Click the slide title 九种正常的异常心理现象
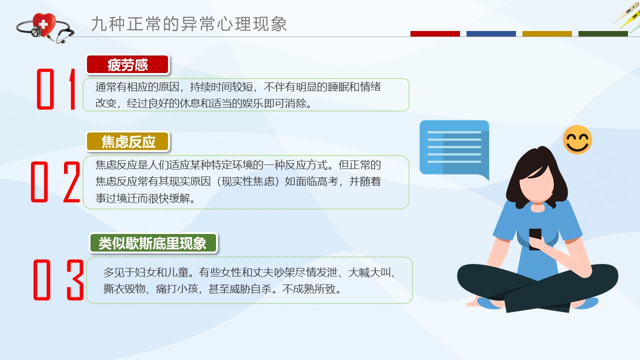pyautogui.click(x=189, y=24)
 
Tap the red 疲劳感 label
pyautogui.click(x=127, y=64)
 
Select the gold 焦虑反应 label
pyautogui.click(x=127, y=141)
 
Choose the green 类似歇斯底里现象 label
pyautogui.click(x=153, y=243)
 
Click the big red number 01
pyautogui.click(x=56, y=89)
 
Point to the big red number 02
pyautogui.click(x=55, y=182)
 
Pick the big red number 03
pyautogui.click(x=58, y=280)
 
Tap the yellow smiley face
pyautogui.click(x=577, y=139)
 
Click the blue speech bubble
pyautogui.click(x=454, y=148)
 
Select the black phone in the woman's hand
pyautogui.click(x=535, y=239)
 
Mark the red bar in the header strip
pyautogui.click(x=435, y=33)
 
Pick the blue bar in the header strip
pyautogui.click(x=491, y=33)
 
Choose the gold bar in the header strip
pyautogui.click(x=547, y=33)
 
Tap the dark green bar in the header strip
pyautogui.click(x=603, y=33)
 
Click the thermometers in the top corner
pyautogui.click(x=627, y=15)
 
